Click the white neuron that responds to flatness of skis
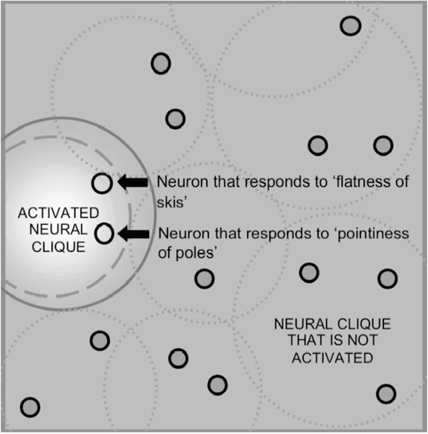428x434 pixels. pos(102,183)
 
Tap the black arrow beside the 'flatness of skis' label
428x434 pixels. pos(133,182)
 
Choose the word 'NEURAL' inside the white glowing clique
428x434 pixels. pos(58,229)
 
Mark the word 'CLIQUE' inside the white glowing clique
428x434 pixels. pos(58,246)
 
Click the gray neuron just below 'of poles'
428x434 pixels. pos(205,278)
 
